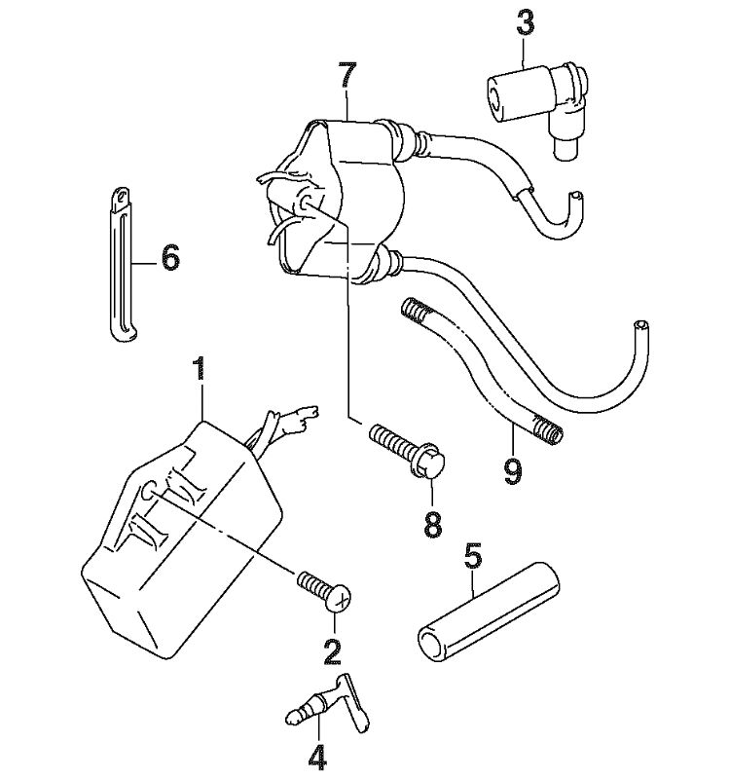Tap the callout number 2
(332, 650)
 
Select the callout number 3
(525, 22)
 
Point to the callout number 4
(318, 757)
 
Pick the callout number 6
(169, 258)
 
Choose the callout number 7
(347, 75)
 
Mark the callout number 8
(433, 524)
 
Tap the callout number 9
(512, 471)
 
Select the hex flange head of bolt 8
(428, 460)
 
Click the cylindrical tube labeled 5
(489, 612)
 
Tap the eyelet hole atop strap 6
(120, 197)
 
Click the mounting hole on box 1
(148, 492)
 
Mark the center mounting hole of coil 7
(306, 202)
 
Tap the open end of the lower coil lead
(641, 326)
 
